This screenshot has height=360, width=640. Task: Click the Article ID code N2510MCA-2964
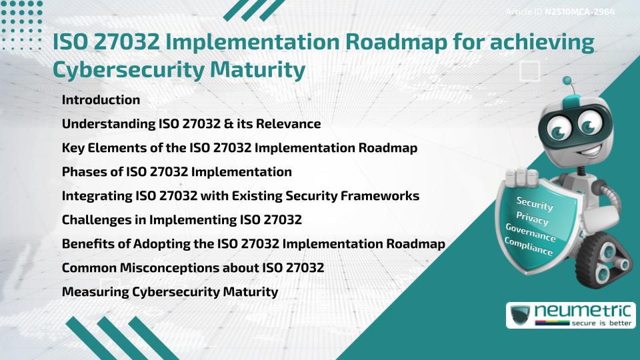click(579, 12)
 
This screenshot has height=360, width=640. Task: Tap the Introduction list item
click(101, 100)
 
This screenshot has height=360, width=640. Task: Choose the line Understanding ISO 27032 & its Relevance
click(191, 124)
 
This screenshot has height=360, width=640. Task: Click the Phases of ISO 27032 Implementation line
click(177, 172)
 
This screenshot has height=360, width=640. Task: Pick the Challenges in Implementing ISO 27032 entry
click(182, 220)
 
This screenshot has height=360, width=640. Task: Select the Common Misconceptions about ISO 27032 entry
click(193, 268)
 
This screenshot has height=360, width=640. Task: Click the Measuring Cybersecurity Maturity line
click(169, 292)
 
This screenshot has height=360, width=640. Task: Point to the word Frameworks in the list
click(384, 196)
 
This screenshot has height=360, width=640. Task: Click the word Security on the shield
click(535, 203)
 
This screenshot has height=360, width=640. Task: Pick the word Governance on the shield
click(531, 233)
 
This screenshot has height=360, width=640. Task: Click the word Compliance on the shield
click(529, 247)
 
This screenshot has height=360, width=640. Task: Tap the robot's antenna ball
click(568, 81)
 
